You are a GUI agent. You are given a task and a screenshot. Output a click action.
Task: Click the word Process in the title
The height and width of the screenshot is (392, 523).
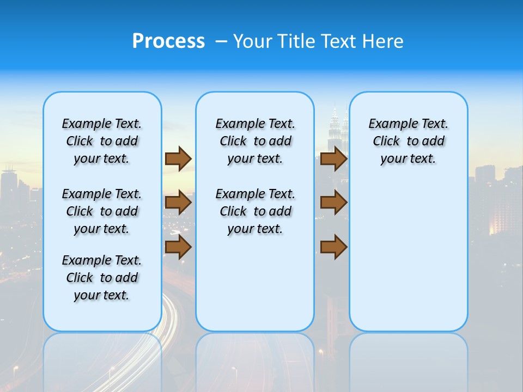(x=168, y=41)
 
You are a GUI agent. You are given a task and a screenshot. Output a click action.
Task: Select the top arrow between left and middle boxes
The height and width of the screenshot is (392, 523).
(x=178, y=159)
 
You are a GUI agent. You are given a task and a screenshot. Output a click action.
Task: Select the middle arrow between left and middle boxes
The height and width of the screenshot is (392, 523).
(x=178, y=203)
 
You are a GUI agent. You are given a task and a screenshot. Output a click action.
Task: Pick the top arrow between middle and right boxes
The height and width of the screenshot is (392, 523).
(x=333, y=159)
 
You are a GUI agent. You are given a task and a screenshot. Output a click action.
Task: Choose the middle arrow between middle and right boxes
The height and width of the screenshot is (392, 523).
(x=333, y=203)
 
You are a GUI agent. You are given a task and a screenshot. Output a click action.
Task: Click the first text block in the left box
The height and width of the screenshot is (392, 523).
(x=102, y=141)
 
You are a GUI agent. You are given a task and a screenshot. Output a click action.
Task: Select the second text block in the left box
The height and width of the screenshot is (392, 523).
(x=102, y=211)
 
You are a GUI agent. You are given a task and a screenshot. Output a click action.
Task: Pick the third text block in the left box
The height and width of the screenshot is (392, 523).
(x=102, y=278)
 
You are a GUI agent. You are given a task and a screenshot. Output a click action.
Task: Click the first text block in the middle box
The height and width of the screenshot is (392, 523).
(x=255, y=141)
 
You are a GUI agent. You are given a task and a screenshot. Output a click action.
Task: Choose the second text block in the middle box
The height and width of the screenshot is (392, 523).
(x=255, y=211)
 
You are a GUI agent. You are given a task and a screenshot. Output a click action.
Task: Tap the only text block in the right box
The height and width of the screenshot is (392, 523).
(x=408, y=141)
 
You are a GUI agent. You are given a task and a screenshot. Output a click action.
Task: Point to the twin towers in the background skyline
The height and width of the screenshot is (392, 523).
(x=338, y=131)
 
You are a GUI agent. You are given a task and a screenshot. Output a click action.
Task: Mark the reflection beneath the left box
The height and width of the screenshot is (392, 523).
(x=102, y=359)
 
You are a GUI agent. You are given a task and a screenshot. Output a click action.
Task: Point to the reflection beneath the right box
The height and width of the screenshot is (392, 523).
(x=408, y=359)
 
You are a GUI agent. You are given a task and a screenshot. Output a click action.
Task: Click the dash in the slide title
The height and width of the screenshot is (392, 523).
(x=221, y=41)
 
